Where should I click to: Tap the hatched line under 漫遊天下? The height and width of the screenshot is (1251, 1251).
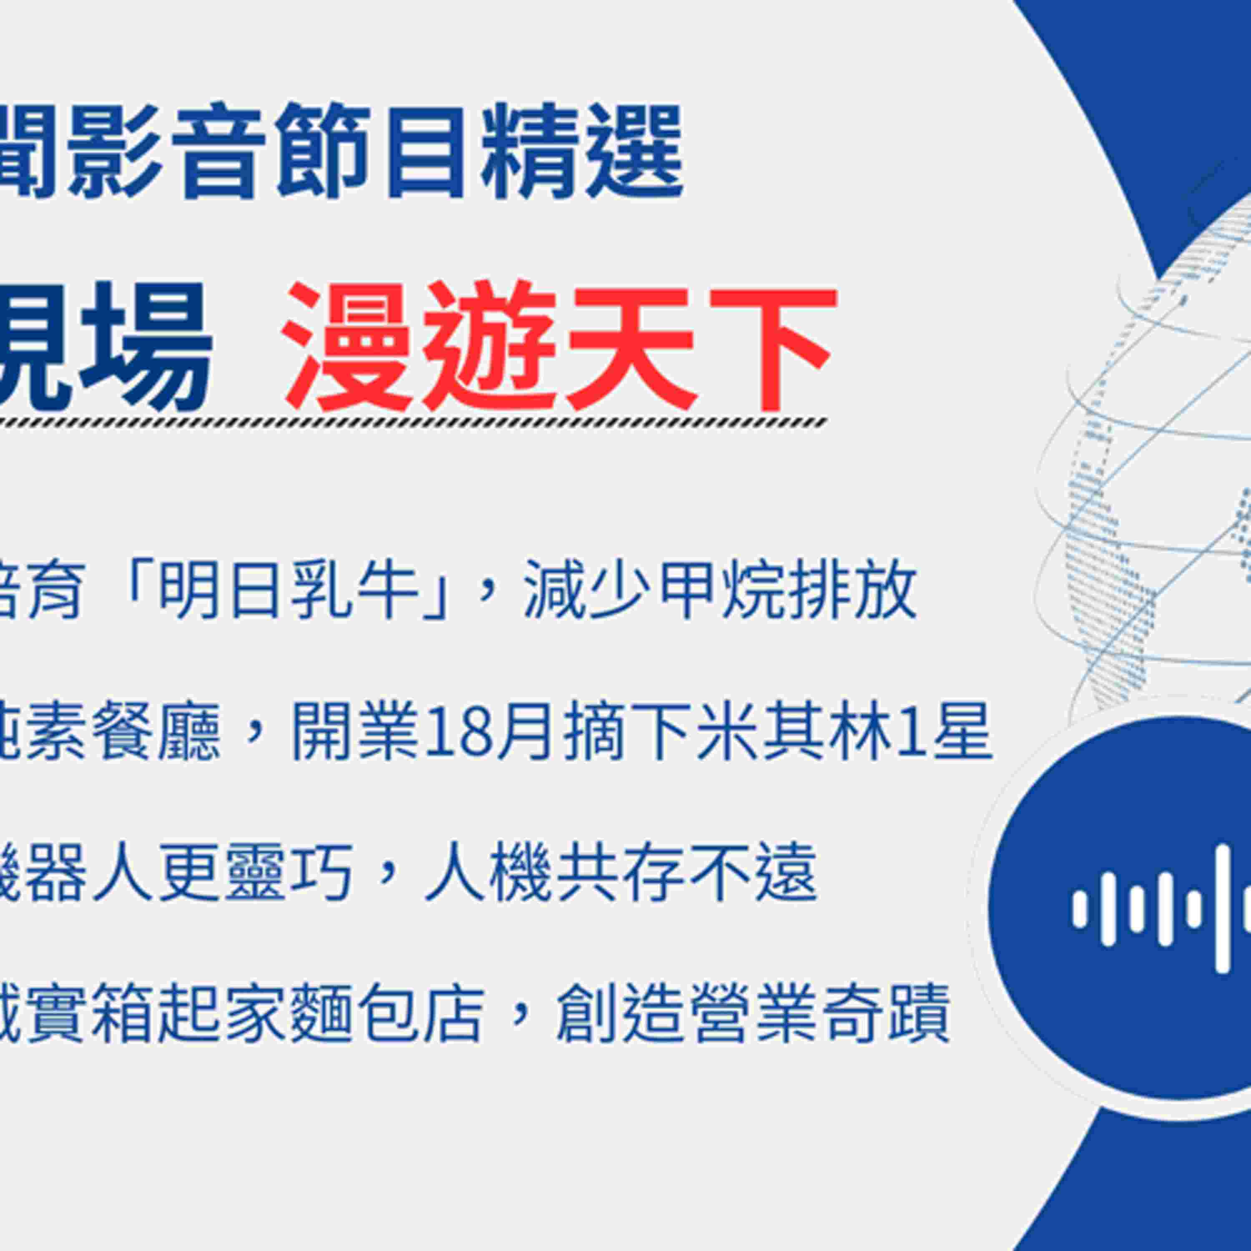point(414,424)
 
